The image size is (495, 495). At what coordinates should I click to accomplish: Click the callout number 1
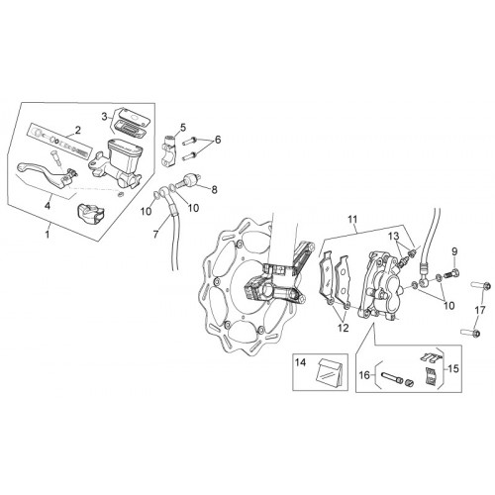tap(48, 235)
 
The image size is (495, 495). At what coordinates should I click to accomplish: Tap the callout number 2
tap(78, 130)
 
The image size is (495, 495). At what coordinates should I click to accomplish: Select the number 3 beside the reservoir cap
tap(105, 117)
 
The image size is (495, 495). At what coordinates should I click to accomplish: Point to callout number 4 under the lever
tap(48, 206)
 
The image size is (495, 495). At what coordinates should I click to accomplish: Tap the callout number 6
tap(218, 140)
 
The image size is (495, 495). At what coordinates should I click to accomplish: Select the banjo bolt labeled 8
tap(188, 180)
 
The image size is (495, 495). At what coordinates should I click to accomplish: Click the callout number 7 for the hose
tap(156, 234)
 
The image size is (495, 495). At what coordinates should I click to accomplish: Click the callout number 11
tap(352, 219)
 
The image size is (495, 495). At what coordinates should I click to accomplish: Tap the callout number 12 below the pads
tap(344, 328)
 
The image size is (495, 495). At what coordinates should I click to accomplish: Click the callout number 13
tap(393, 237)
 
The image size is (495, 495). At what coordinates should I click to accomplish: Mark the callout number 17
tap(480, 310)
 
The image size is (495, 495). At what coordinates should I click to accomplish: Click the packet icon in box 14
tap(327, 372)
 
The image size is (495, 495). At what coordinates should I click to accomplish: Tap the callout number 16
tap(364, 375)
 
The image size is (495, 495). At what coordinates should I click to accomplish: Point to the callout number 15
tap(453, 368)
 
